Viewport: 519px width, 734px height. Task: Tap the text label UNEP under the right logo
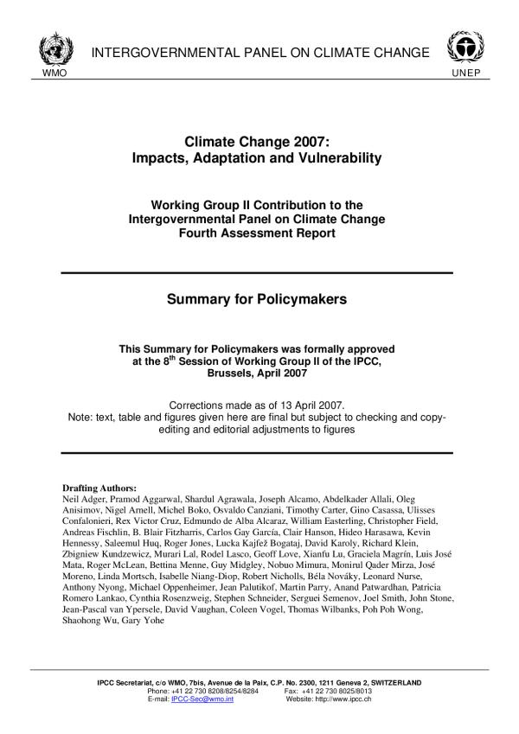464,72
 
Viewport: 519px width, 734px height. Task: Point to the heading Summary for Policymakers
256,300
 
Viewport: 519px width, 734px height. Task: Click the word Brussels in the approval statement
233,373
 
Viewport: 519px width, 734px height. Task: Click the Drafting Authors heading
100,488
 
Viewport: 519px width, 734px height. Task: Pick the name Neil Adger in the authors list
84,500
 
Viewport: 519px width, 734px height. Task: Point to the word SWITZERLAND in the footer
390,682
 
